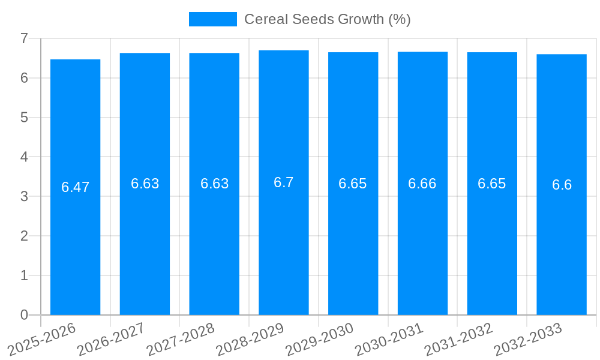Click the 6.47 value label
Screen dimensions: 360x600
pos(75,187)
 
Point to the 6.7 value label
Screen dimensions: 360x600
pos(284,182)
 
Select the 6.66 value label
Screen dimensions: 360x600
pos(422,184)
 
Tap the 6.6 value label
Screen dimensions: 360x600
pos(562,185)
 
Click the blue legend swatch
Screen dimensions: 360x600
pos(213,19)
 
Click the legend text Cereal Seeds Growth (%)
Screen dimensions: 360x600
pos(327,19)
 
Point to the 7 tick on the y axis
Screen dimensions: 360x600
pos(24,38)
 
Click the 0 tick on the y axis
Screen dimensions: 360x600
pos(24,315)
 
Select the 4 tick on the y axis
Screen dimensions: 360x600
pos(24,157)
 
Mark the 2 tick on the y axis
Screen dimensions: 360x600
pos(24,236)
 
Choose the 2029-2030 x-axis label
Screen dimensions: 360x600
pos(319,338)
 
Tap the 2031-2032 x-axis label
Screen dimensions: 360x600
pos(458,338)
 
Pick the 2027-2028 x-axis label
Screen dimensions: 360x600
pos(181,338)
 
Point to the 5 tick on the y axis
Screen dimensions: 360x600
pos(24,118)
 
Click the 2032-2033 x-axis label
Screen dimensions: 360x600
pos(528,338)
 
